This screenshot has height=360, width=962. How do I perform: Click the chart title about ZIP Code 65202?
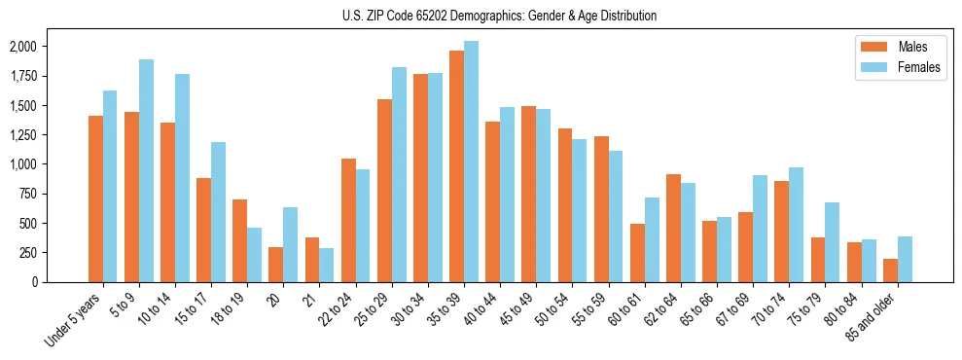tap(500, 16)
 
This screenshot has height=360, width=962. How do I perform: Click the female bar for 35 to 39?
tap(471, 162)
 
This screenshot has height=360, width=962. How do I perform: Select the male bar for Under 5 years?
tap(95, 198)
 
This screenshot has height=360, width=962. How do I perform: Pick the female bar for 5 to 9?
tap(146, 170)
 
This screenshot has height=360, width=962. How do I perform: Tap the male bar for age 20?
tap(276, 265)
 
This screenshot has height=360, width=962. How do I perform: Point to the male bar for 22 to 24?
tap(348, 220)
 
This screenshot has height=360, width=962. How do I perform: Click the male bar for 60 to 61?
tap(637, 253)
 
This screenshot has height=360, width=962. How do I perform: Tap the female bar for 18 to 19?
tap(254, 255)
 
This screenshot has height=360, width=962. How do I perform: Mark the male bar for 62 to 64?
tap(673, 228)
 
